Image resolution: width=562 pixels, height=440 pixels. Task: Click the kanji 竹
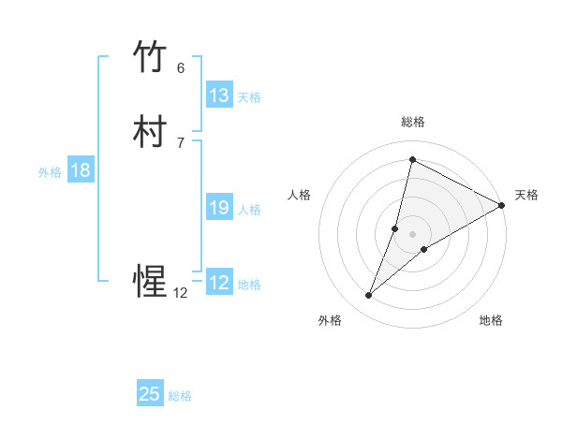tap(150, 58)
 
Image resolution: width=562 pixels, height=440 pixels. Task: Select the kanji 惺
tap(150, 282)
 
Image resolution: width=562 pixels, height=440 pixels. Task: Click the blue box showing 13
tap(219, 95)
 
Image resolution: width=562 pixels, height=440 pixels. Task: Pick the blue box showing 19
tap(219, 208)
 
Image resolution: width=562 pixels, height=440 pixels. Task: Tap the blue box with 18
tap(81, 170)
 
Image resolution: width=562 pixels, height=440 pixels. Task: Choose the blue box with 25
tap(150, 394)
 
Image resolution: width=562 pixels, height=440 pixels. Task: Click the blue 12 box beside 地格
tap(219, 283)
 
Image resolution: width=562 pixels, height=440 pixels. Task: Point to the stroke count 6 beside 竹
tap(181, 67)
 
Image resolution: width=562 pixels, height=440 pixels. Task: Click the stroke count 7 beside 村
tap(181, 142)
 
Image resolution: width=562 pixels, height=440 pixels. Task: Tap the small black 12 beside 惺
tap(180, 292)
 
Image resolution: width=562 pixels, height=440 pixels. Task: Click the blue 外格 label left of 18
tap(50, 171)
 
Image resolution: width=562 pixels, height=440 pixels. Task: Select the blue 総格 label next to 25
tap(180, 395)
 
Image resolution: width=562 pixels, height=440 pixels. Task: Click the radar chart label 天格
tap(526, 195)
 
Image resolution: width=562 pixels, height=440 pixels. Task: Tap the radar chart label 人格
tap(299, 195)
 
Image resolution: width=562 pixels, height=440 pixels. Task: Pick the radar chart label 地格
tap(491, 321)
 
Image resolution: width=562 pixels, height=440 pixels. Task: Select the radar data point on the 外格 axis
tap(369, 296)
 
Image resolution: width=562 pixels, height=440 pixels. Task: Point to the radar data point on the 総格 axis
tap(412, 159)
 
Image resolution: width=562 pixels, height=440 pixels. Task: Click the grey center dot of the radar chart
tap(413, 234)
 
